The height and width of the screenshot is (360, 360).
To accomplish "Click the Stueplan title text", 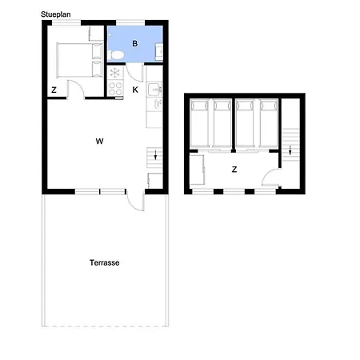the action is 56,14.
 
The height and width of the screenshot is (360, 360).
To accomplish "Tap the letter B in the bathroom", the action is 135,43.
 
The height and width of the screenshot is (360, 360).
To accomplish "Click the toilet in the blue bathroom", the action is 116,55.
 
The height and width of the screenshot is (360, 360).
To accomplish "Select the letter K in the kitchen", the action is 135,90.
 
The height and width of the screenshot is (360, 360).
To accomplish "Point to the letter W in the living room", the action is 99,141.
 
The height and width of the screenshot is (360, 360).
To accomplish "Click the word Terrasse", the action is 105,262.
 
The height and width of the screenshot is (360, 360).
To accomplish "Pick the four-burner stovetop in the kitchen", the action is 115,89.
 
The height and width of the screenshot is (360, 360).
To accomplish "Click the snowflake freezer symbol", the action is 114,73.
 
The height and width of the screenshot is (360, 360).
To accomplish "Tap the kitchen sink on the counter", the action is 154,89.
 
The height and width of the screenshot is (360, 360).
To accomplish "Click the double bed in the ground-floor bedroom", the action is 80,60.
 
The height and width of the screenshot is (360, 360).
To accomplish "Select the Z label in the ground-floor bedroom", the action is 54,90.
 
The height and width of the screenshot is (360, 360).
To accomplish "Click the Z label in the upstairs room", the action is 234,170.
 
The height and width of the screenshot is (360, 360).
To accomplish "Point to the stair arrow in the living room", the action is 155,155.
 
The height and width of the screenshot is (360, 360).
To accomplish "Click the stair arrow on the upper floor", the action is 290,150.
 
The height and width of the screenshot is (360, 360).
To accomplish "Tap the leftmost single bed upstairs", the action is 199,123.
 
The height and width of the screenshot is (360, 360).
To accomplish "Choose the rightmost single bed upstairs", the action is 269,123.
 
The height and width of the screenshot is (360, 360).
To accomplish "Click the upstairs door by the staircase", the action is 270,177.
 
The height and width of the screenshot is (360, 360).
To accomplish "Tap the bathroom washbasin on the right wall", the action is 159,51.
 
